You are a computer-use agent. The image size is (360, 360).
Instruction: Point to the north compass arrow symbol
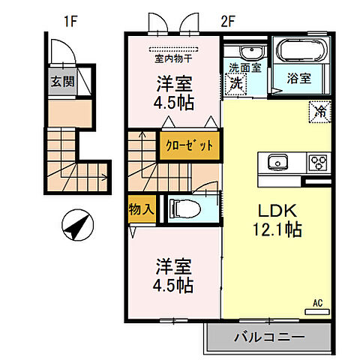77,225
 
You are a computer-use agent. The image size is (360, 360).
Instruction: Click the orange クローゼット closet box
190,146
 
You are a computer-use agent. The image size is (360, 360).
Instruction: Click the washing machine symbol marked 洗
237,84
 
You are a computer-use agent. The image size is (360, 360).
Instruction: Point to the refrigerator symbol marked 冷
318,112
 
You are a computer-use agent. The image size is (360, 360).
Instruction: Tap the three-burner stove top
316,162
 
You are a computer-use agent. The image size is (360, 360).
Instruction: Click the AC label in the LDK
317,303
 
